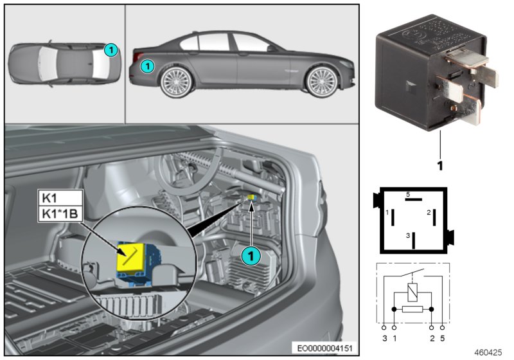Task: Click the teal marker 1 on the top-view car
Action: [111, 49]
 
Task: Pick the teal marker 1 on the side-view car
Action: [147, 65]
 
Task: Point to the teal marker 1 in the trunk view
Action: [251, 255]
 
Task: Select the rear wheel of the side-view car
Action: [175, 82]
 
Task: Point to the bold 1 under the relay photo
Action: [441, 165]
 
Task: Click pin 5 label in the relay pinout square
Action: [407, 194]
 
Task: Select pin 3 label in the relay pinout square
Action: [407, 236]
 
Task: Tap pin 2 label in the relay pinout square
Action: [428, 212]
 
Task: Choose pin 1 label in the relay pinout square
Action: [387, 212]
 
